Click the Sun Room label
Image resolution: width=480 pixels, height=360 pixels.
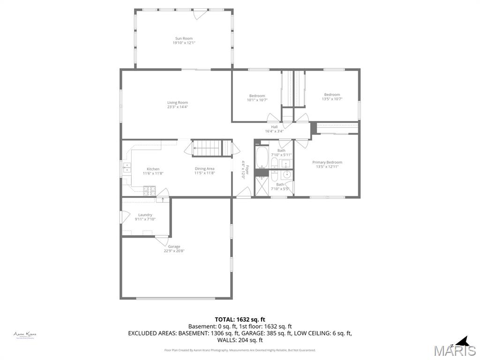pyautogui.click(x=184, y=38)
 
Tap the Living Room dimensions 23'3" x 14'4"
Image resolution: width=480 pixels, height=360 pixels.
pyautogui.click(x=177, y=107)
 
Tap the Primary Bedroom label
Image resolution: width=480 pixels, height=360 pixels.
pyautogui.click(x=327, y=162)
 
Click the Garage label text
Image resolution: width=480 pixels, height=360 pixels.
pyautogui.click(x=174, y=247)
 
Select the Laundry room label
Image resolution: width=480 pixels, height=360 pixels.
pyautogui.click(x=145, y=215)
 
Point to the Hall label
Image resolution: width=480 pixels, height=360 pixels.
pyautogui.click(x=274, y=127)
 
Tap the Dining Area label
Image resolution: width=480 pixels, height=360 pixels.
pyautogui.click(x=204, y=169)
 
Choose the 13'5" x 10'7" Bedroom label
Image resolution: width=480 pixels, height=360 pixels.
pyautogui.click(x=332, y=95)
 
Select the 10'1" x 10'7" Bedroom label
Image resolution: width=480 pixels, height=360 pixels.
pyautogui.click(x=257, y=96)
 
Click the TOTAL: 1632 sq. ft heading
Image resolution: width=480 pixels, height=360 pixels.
pyautogui.click(x=240, y=319)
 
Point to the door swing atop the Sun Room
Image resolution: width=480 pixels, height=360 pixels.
pyautogui.click(x=199, y=15)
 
